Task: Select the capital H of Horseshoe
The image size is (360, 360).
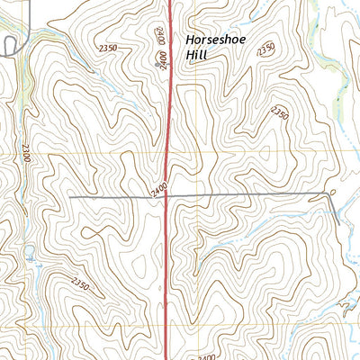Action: tap(190, 40)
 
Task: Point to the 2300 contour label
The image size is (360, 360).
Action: tap(25, 154)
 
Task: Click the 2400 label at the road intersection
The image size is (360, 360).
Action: tap(159, 190)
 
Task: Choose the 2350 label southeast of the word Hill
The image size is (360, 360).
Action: tap(279, 114)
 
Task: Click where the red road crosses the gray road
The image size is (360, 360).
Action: tap(167, 195)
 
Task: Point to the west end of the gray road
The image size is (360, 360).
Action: tap(70, 195)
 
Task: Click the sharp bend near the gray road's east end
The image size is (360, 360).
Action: tap(326, 195)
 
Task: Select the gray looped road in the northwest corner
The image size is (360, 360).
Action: tap(11, 45)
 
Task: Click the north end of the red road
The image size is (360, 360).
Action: tap(171, 3)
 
